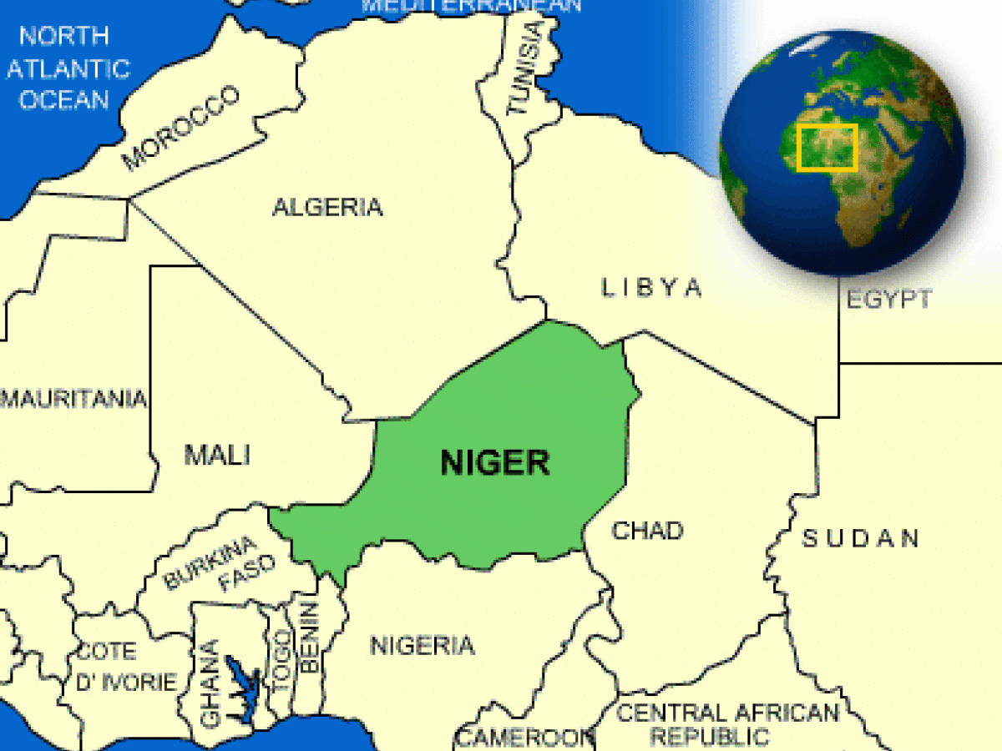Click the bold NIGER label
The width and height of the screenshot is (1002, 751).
[x=495, y=461]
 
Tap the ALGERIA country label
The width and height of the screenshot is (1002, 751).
[x=327, y=207]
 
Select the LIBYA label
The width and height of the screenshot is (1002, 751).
[x=652, y=288]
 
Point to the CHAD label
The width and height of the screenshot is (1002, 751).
[x=647, y=531]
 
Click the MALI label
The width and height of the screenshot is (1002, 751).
[x=217, y=455]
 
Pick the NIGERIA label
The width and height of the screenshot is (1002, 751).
[x=423, y=645]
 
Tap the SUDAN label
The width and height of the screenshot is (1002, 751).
[x=860, y=538]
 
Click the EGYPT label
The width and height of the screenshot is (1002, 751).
[x=888, y=299]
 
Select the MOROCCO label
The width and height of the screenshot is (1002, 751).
[x=181, y=128]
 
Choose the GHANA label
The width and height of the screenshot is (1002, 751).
[x=211, y=683]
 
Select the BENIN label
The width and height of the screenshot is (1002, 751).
[x=308, y=638]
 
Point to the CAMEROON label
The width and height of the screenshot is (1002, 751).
[x=524, y=738]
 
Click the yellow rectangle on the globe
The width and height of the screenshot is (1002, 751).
[x=827, y=148]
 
